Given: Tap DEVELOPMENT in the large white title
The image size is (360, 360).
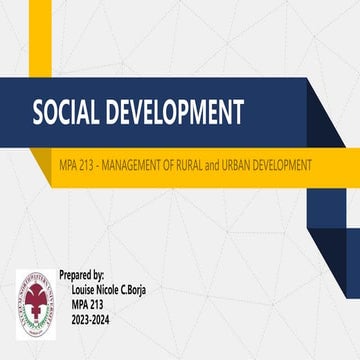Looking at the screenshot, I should tap(175, 111).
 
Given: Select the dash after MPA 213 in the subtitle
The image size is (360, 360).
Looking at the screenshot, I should tap(96, 162).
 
